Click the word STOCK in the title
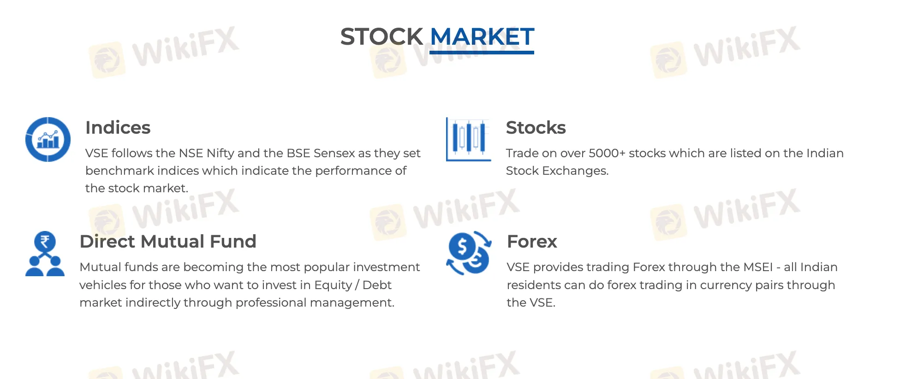381,37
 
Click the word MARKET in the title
482,37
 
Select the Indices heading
118,128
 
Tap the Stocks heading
536,128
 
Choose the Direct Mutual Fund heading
168,242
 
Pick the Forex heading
532,242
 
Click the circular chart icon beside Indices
48,139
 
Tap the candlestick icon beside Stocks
468,139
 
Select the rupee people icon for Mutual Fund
45,254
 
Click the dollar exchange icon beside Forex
469,253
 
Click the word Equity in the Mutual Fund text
333,285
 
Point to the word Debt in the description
377,285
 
